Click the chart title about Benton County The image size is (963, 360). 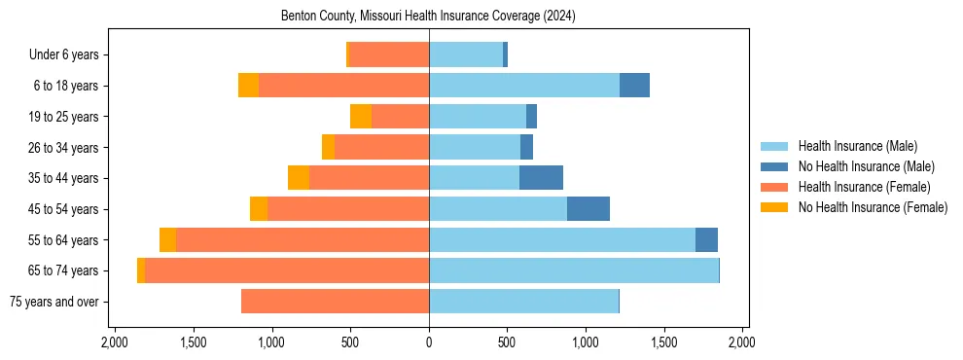coord(429,17)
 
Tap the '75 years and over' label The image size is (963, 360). coord(53,302)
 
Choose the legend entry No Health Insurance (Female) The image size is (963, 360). coord(873,207)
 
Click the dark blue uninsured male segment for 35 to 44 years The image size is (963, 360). coord(541,178)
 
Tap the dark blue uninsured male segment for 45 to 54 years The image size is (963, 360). coord(588,209)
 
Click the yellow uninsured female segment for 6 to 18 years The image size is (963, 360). coord(248,86)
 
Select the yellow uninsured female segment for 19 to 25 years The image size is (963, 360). coord(361,117)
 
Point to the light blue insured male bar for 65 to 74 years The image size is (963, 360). coord(574,270)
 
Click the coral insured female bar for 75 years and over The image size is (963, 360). coord(335,302)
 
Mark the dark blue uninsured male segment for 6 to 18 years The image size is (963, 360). coord(634,86)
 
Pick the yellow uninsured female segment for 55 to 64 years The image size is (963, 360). coord(167,240)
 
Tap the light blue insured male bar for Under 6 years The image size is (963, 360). coord(466,55)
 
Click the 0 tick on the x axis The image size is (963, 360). coord(429,342)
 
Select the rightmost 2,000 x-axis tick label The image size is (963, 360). coord(742,342)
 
